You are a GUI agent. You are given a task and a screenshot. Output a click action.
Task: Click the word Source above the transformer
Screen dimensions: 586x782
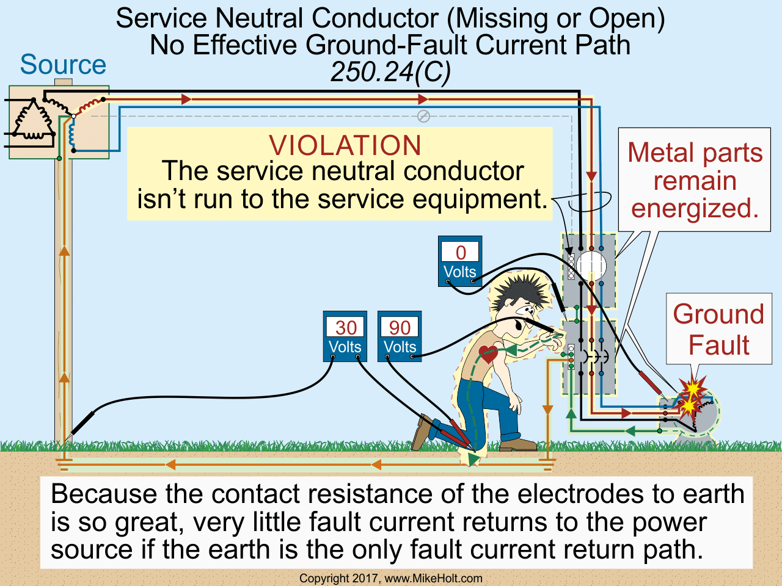coord(63,65)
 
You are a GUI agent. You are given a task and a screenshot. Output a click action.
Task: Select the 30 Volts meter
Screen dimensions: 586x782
coord(345,336)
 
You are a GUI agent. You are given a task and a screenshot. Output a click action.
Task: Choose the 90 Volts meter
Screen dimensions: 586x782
coord(400,336)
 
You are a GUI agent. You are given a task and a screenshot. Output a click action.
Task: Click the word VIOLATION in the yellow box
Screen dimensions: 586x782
coord(345,146)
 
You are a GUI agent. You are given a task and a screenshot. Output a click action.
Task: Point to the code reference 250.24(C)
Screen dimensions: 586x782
coord(390,72)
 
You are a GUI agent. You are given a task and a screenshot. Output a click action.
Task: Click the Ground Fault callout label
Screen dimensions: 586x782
coord(718,330)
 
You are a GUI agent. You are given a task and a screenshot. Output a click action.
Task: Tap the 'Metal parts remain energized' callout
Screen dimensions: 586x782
coord(695,180)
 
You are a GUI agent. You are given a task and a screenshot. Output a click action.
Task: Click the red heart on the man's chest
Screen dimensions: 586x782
coord(488,353)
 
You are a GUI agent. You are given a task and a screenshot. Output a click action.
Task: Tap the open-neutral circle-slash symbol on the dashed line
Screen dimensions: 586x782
coord(423,116)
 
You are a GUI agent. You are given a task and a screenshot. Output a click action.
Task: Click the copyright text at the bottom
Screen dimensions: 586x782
coord(391,578)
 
